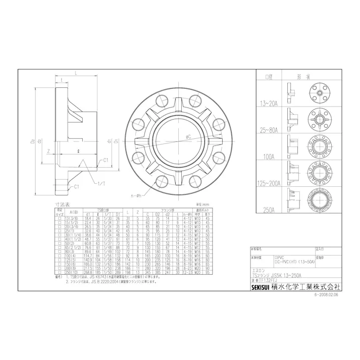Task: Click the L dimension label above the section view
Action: tap(75, 74)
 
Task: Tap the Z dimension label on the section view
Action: tap(47, 150)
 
